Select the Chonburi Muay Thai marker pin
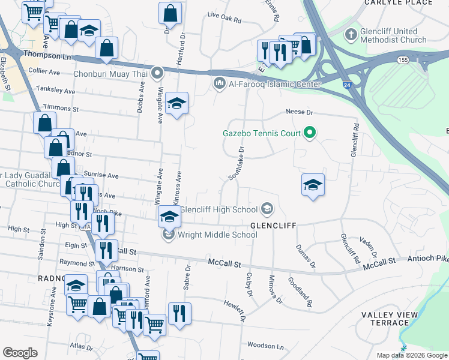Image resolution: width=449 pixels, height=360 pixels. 158,74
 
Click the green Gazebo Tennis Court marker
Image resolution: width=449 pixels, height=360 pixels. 310,132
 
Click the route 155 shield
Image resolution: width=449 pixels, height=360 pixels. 402,60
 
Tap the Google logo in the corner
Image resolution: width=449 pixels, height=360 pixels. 20,353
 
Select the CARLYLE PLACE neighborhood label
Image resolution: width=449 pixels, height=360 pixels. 398,2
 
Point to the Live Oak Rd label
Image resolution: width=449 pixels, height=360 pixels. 223,20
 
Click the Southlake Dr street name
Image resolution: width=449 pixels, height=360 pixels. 237,164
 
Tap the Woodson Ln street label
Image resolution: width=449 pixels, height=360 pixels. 265,346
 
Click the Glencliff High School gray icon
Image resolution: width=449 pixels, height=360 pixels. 268,209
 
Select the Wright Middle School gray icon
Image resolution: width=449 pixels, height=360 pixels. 168,235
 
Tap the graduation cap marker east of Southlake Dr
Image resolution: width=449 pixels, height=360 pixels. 313,185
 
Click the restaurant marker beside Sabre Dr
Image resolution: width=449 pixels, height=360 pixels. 179,314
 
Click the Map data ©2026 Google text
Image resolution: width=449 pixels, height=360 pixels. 412,355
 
